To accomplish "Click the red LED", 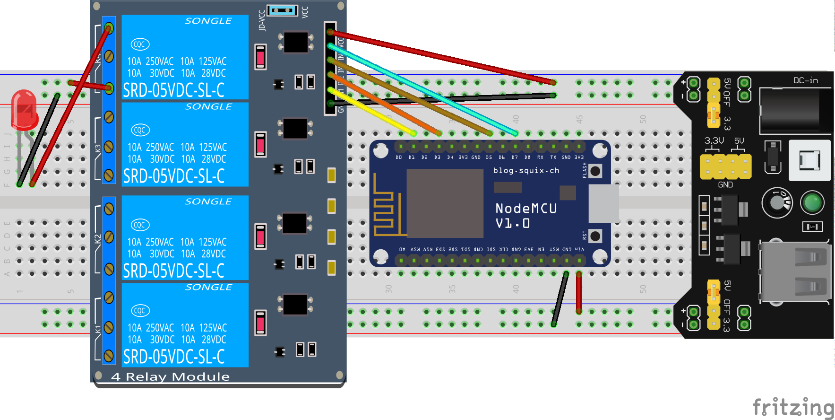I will tap(24, 110).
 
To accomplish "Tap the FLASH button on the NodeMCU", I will tap(595, 171).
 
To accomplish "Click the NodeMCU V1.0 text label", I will tap(526, 216).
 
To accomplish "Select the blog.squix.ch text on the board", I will tap(526, 170).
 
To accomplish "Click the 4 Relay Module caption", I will tap(170, 377).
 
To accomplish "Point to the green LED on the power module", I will tap(812, 202).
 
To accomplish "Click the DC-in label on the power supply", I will tap(806, 80).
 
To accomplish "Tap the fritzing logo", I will tap(792, 407).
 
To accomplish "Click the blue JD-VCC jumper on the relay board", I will tap(282, 10).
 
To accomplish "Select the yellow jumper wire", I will tap(373, 112).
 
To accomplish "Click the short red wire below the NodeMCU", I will tap(579, 293).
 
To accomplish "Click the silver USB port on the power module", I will tap(795, 272).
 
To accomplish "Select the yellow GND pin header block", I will tap(725, 166).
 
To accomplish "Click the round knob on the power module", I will tap(776, 202).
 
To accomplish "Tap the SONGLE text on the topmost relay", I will tap(208, 21).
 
